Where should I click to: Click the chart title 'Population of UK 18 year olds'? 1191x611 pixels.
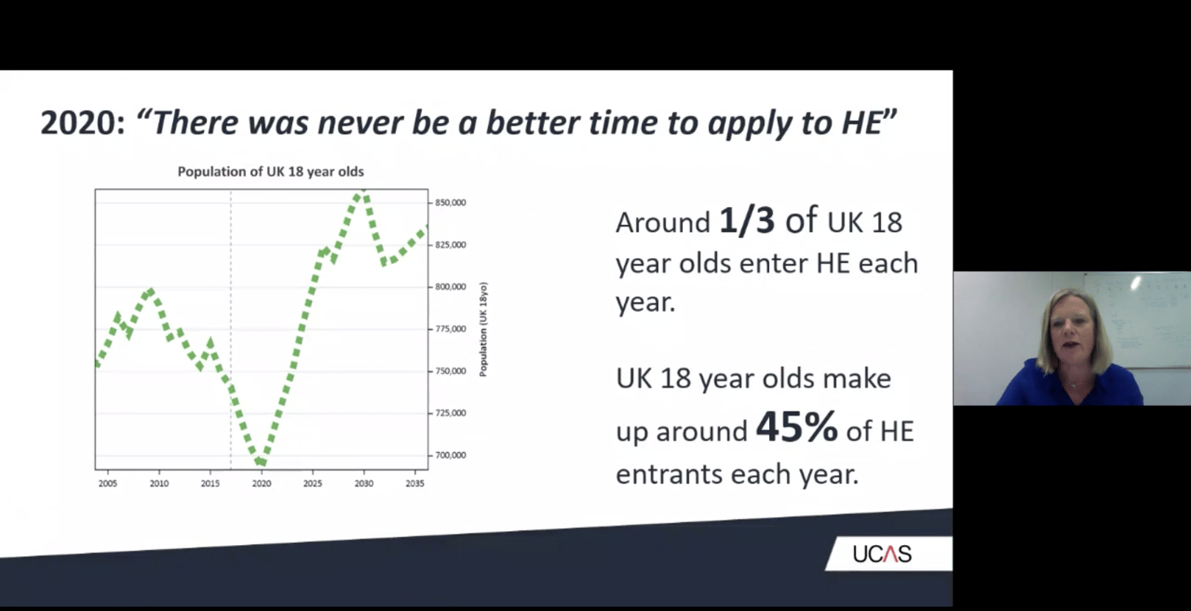(270, 172)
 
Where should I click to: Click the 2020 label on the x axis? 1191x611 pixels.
(261, 483)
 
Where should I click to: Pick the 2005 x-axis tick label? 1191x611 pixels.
(108, 483)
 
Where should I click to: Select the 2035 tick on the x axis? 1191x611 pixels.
(415, 483)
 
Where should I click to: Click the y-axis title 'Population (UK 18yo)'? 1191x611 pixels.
(483, 329)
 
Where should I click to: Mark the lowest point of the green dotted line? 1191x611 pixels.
(261, 463)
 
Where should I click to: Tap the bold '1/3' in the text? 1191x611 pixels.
(746, 221)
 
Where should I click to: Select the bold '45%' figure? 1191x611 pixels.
(796, 428)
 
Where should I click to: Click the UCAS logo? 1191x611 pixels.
(882, 554)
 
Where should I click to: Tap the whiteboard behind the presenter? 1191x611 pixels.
(1140, 318)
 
